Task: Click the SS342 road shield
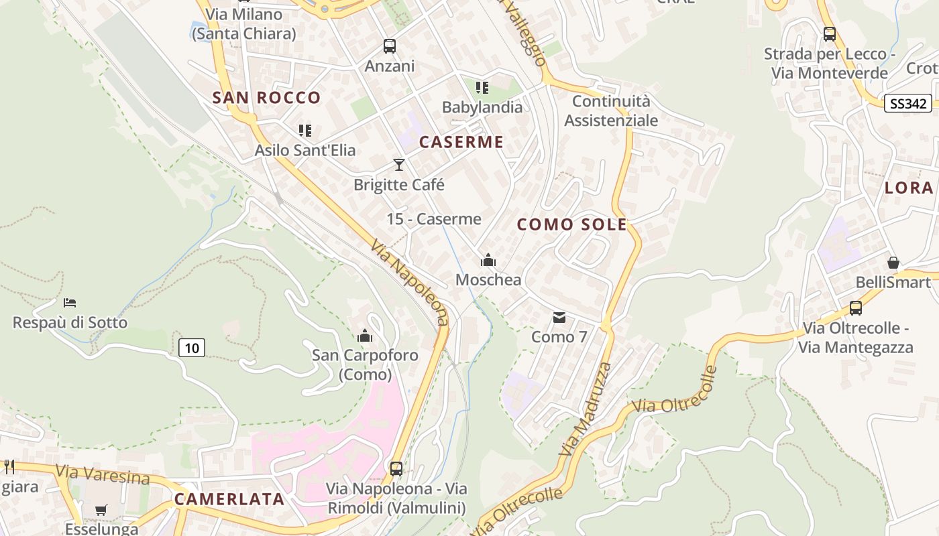[x=907, y=103]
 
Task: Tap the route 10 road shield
[x=192, y=348]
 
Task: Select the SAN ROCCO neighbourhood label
[x=267, y=98]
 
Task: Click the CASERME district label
[x=461, y=142]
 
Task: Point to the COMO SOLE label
[x=572, y=225]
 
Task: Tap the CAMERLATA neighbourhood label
[x=229, y=499]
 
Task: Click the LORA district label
[x=909, y=188]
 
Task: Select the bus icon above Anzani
[x=390, y=46]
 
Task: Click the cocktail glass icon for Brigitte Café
[x=399, y=165]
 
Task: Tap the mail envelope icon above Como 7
[x=559, y=318]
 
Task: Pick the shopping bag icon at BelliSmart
[x=893, y=263]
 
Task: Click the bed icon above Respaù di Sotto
[x=70, y=303]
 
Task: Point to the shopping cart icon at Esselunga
[x=101, y=511]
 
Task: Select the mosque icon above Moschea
[x=488, y=260]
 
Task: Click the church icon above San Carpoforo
[x=365, y=336]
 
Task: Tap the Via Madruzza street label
[x=586, y=409]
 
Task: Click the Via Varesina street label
[x=103, y=475]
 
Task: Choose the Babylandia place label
[x=482, y=107]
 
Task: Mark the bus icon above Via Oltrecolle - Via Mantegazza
[x=856, y=308]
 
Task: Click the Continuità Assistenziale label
[x=611, y=111]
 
